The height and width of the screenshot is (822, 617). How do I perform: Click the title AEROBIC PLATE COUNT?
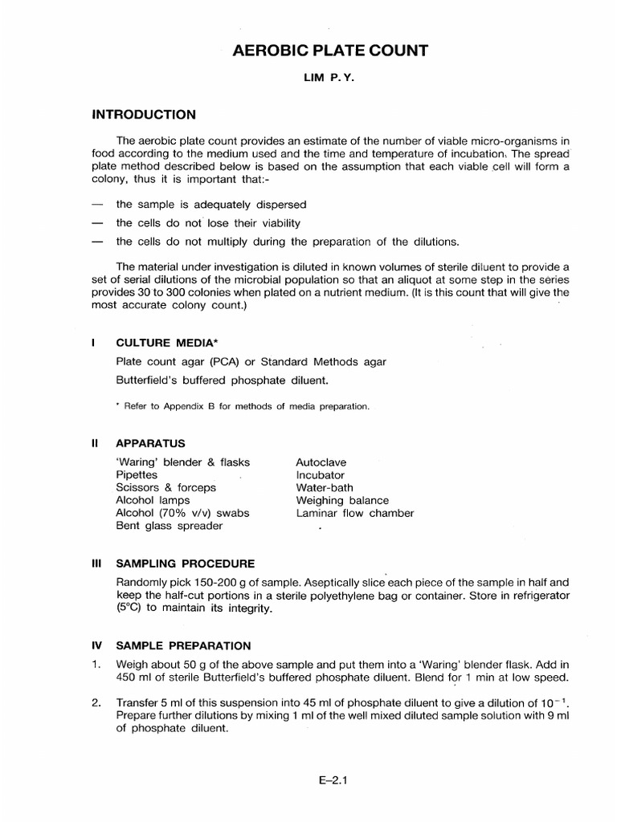pyautogui.click(x=330, y=51)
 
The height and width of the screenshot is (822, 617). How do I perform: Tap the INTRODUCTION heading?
pyautogui.click(x=145, y=114)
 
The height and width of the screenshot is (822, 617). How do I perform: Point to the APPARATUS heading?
pyautogui.click(x=151, y=442)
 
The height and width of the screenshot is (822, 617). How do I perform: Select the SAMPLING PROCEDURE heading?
pyautogui.click(x=186, y=564)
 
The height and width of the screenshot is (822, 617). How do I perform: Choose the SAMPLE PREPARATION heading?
pyautogui.click(x=184, y=645)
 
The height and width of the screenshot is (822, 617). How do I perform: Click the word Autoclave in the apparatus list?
pyautogui.click(x=321, y=462)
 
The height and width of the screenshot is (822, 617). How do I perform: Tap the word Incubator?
pyautogui.click(x=321, y=475)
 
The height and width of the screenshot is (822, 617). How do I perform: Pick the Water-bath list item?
pyautogui.click(x=325, y=487)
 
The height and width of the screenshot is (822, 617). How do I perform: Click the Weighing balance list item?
pyautogui.click(x=341, y=500)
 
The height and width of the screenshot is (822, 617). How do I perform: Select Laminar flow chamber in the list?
pyautogui.click(x=355, y=513)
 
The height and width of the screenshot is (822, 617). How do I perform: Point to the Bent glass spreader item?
pyautogui.click(x=170, y=526)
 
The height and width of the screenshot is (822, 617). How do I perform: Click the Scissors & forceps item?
pyautogui.click(x=166, y=487)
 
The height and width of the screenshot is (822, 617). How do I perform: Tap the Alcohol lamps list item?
pyautogui.click(x=154, y=500)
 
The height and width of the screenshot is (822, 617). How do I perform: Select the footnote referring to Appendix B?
pyautogui.click(x=243, y=407)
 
